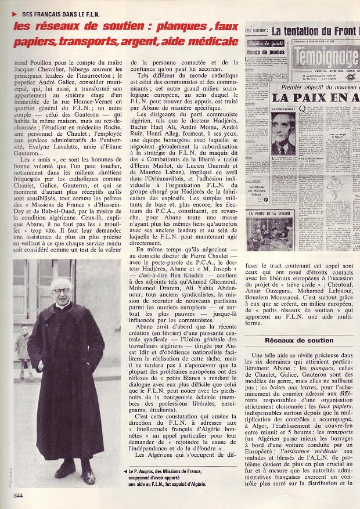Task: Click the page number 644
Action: (x=18, y=494)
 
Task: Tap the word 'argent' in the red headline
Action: (x=154, y=41)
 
